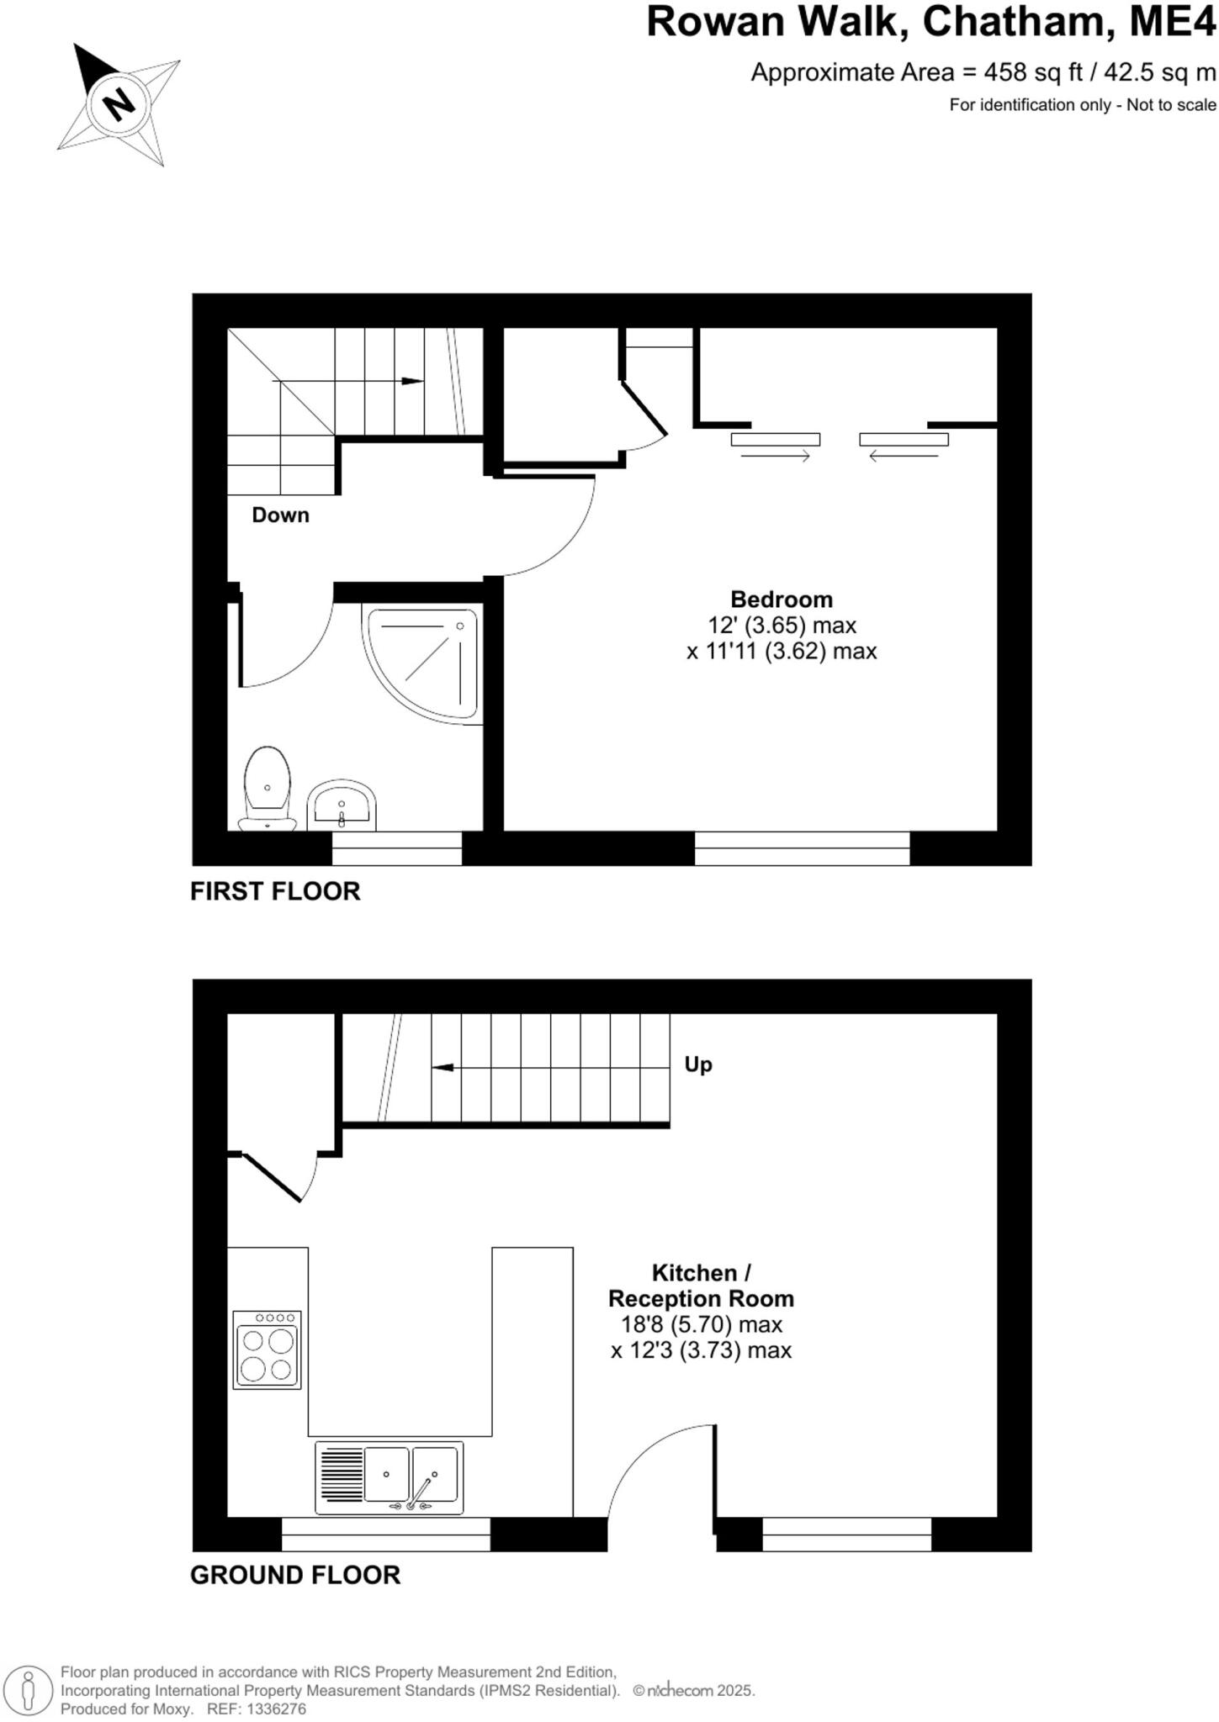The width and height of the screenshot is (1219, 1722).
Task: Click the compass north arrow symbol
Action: click(x=118, y=103)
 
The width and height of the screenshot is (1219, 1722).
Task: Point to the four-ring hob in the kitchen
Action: click(x=267, y=1349)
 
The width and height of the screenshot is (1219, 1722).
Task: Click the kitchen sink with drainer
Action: click(x=389, y=1477)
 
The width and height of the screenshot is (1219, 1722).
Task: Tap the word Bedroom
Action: click(x=781, y=600)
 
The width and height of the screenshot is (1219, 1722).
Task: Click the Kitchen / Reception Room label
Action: click(x=701, y=1285)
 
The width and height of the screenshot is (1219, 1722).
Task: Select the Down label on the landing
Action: click(x=280, y=515)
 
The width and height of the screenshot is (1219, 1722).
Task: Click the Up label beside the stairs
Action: click(x=697, y=1064)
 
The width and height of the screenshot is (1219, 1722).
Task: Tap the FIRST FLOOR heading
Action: click(x=275, y=891)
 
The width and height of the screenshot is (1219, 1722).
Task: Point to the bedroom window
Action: click(x=802, y=848)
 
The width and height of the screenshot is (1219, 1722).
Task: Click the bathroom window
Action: click(x=396, y=848)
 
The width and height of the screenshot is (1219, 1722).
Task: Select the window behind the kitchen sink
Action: click(x=385, y=1534)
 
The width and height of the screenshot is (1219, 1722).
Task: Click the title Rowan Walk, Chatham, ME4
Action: click(x=930, y=23)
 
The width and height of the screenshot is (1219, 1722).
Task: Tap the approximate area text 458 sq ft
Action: click(x=983, y=73)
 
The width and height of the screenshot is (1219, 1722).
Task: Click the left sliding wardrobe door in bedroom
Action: click(x=775, y=439)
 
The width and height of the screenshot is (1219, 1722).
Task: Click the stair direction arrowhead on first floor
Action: click(x=411, y=381)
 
